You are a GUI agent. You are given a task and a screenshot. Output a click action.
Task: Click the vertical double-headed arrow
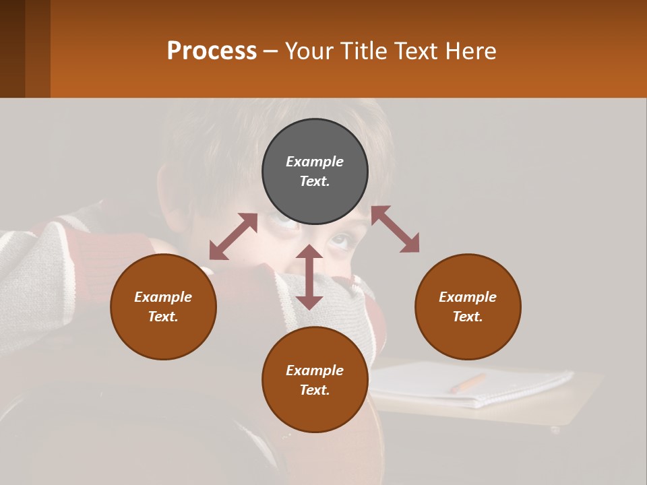(x=309, y=277)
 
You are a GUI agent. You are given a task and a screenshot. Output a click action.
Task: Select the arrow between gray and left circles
(x=233, y=236)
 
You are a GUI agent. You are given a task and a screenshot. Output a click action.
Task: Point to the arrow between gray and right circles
(x=395, y=229)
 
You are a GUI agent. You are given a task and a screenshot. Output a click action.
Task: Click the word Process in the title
(x=212, y=51)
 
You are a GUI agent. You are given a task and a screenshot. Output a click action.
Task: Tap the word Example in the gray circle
(x=315, y=162)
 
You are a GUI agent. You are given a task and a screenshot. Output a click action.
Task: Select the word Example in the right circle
(x=468, y=297)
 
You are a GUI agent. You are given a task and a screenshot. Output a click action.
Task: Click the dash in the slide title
(x=271, y=51)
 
